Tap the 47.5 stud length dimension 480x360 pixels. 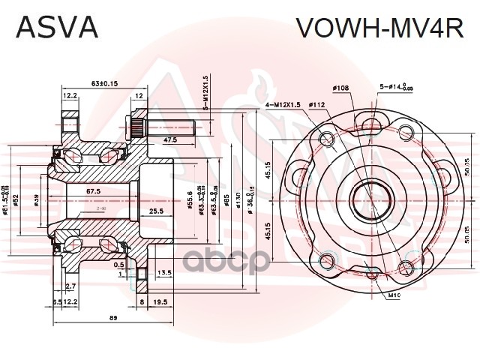170,140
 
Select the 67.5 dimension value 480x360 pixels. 93,192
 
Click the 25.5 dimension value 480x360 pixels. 157,212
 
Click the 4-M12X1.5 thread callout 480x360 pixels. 283,105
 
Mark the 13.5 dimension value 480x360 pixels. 164,273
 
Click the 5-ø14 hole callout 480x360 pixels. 394,88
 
